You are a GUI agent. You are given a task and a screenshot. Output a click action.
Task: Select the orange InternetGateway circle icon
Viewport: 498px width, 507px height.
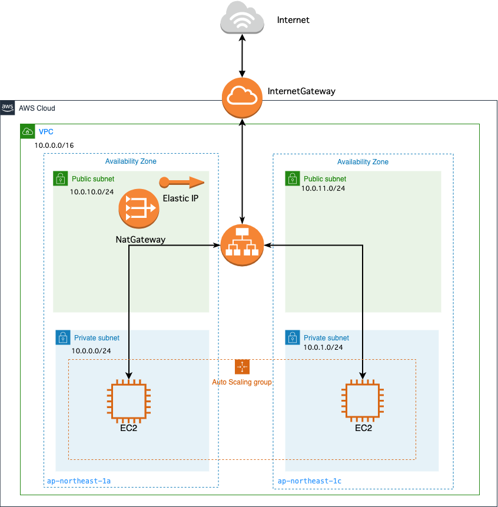click(x=242, y=97)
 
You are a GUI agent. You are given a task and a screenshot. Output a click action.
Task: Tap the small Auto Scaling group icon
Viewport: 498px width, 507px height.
click(x=242, y=367)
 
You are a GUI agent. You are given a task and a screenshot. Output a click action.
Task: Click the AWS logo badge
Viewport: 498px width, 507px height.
click(x=8, y=108)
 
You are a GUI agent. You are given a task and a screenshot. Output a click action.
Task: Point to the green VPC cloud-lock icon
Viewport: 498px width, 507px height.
click(x=28, y=131)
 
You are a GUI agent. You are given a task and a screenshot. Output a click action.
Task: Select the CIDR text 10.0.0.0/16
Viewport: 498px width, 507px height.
click(x=54, y=145)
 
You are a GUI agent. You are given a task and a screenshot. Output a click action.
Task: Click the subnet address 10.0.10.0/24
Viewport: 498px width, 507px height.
click(x=92, y=192)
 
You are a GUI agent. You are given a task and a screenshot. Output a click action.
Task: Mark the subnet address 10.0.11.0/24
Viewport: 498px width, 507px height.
click(x=323, y=189)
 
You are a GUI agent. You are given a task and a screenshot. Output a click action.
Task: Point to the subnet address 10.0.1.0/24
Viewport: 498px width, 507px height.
click(x=323, y=347)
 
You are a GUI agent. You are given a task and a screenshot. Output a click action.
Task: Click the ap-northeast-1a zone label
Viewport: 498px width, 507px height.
click(x=78, y=481)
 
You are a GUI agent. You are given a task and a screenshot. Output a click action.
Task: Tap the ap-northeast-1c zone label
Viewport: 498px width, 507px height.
click(x=309, y=481)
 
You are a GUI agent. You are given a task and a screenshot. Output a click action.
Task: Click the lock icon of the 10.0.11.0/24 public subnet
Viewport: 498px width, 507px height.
click(x=292, y=178)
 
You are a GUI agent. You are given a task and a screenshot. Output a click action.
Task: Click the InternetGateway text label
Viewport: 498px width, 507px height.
click(x=301, y=91)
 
